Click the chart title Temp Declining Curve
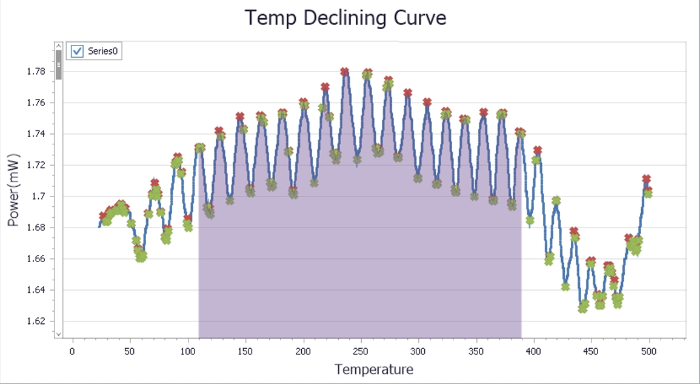click(345, 18)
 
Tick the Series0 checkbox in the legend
click(77, 52)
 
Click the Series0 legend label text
click(103, 52)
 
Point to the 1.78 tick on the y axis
click(36, 72)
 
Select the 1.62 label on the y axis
click(36, 322)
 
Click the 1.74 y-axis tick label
click(36, 134)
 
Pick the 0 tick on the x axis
click(72, 351)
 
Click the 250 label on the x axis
click(361, 351)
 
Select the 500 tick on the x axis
click(649, 351)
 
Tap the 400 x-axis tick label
click(534, 351)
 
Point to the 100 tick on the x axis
click(188, 351)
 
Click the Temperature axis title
click(374, 369)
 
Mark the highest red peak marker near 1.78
click(344, 72)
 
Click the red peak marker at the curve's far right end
click(647, 179)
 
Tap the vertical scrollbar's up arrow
click(59, 45)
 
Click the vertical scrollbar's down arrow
click(59, 334)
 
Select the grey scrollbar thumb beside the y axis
click(59, 64)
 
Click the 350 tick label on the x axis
click(476, 351)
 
